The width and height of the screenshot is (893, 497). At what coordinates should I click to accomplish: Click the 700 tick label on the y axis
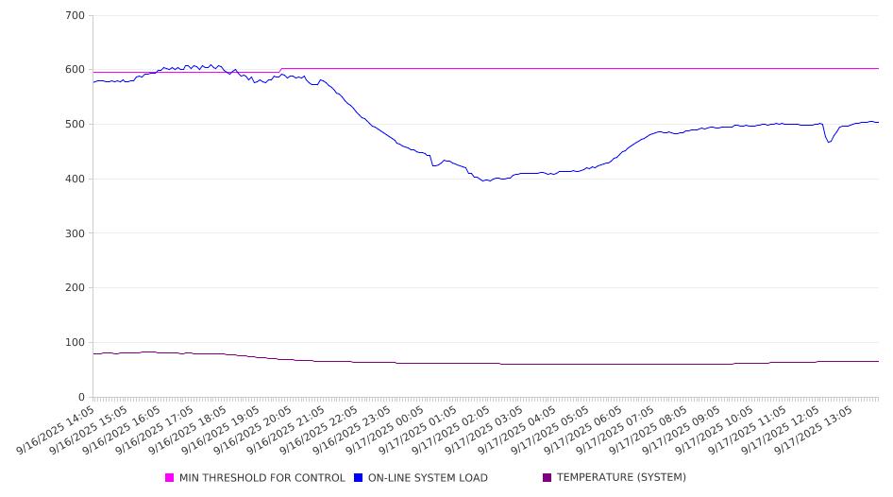point(75,16)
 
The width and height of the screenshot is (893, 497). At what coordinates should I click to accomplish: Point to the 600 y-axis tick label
point(75,70)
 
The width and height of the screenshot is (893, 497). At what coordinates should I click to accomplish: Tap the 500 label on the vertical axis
point(75,125)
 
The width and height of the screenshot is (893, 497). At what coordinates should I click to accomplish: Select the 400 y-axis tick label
point(75,180)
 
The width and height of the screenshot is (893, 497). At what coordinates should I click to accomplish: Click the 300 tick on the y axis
point(75,233)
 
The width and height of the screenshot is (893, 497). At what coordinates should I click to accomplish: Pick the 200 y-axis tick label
point(75,288)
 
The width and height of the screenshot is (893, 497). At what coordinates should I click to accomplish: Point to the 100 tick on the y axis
point(75,343)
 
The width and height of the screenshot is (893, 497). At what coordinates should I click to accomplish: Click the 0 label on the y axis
point(81,397)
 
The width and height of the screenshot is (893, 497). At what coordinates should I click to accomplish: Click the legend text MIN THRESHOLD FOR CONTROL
point(261,478)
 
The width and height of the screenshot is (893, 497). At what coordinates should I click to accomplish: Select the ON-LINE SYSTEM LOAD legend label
point(428,478)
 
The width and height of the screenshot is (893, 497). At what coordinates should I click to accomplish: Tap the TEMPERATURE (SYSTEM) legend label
point(621,478)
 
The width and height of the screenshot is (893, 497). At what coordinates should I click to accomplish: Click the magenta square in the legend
point(170,478)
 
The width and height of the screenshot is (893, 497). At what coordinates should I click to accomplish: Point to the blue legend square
point(359,478)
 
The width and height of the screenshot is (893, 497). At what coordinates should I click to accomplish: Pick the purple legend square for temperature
point(548,478)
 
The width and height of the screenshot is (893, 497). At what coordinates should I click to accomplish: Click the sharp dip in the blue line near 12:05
point(829,142)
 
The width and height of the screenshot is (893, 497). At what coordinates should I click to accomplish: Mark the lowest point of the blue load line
point(486,180)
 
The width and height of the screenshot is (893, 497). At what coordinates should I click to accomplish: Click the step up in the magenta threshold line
point(280,70)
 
